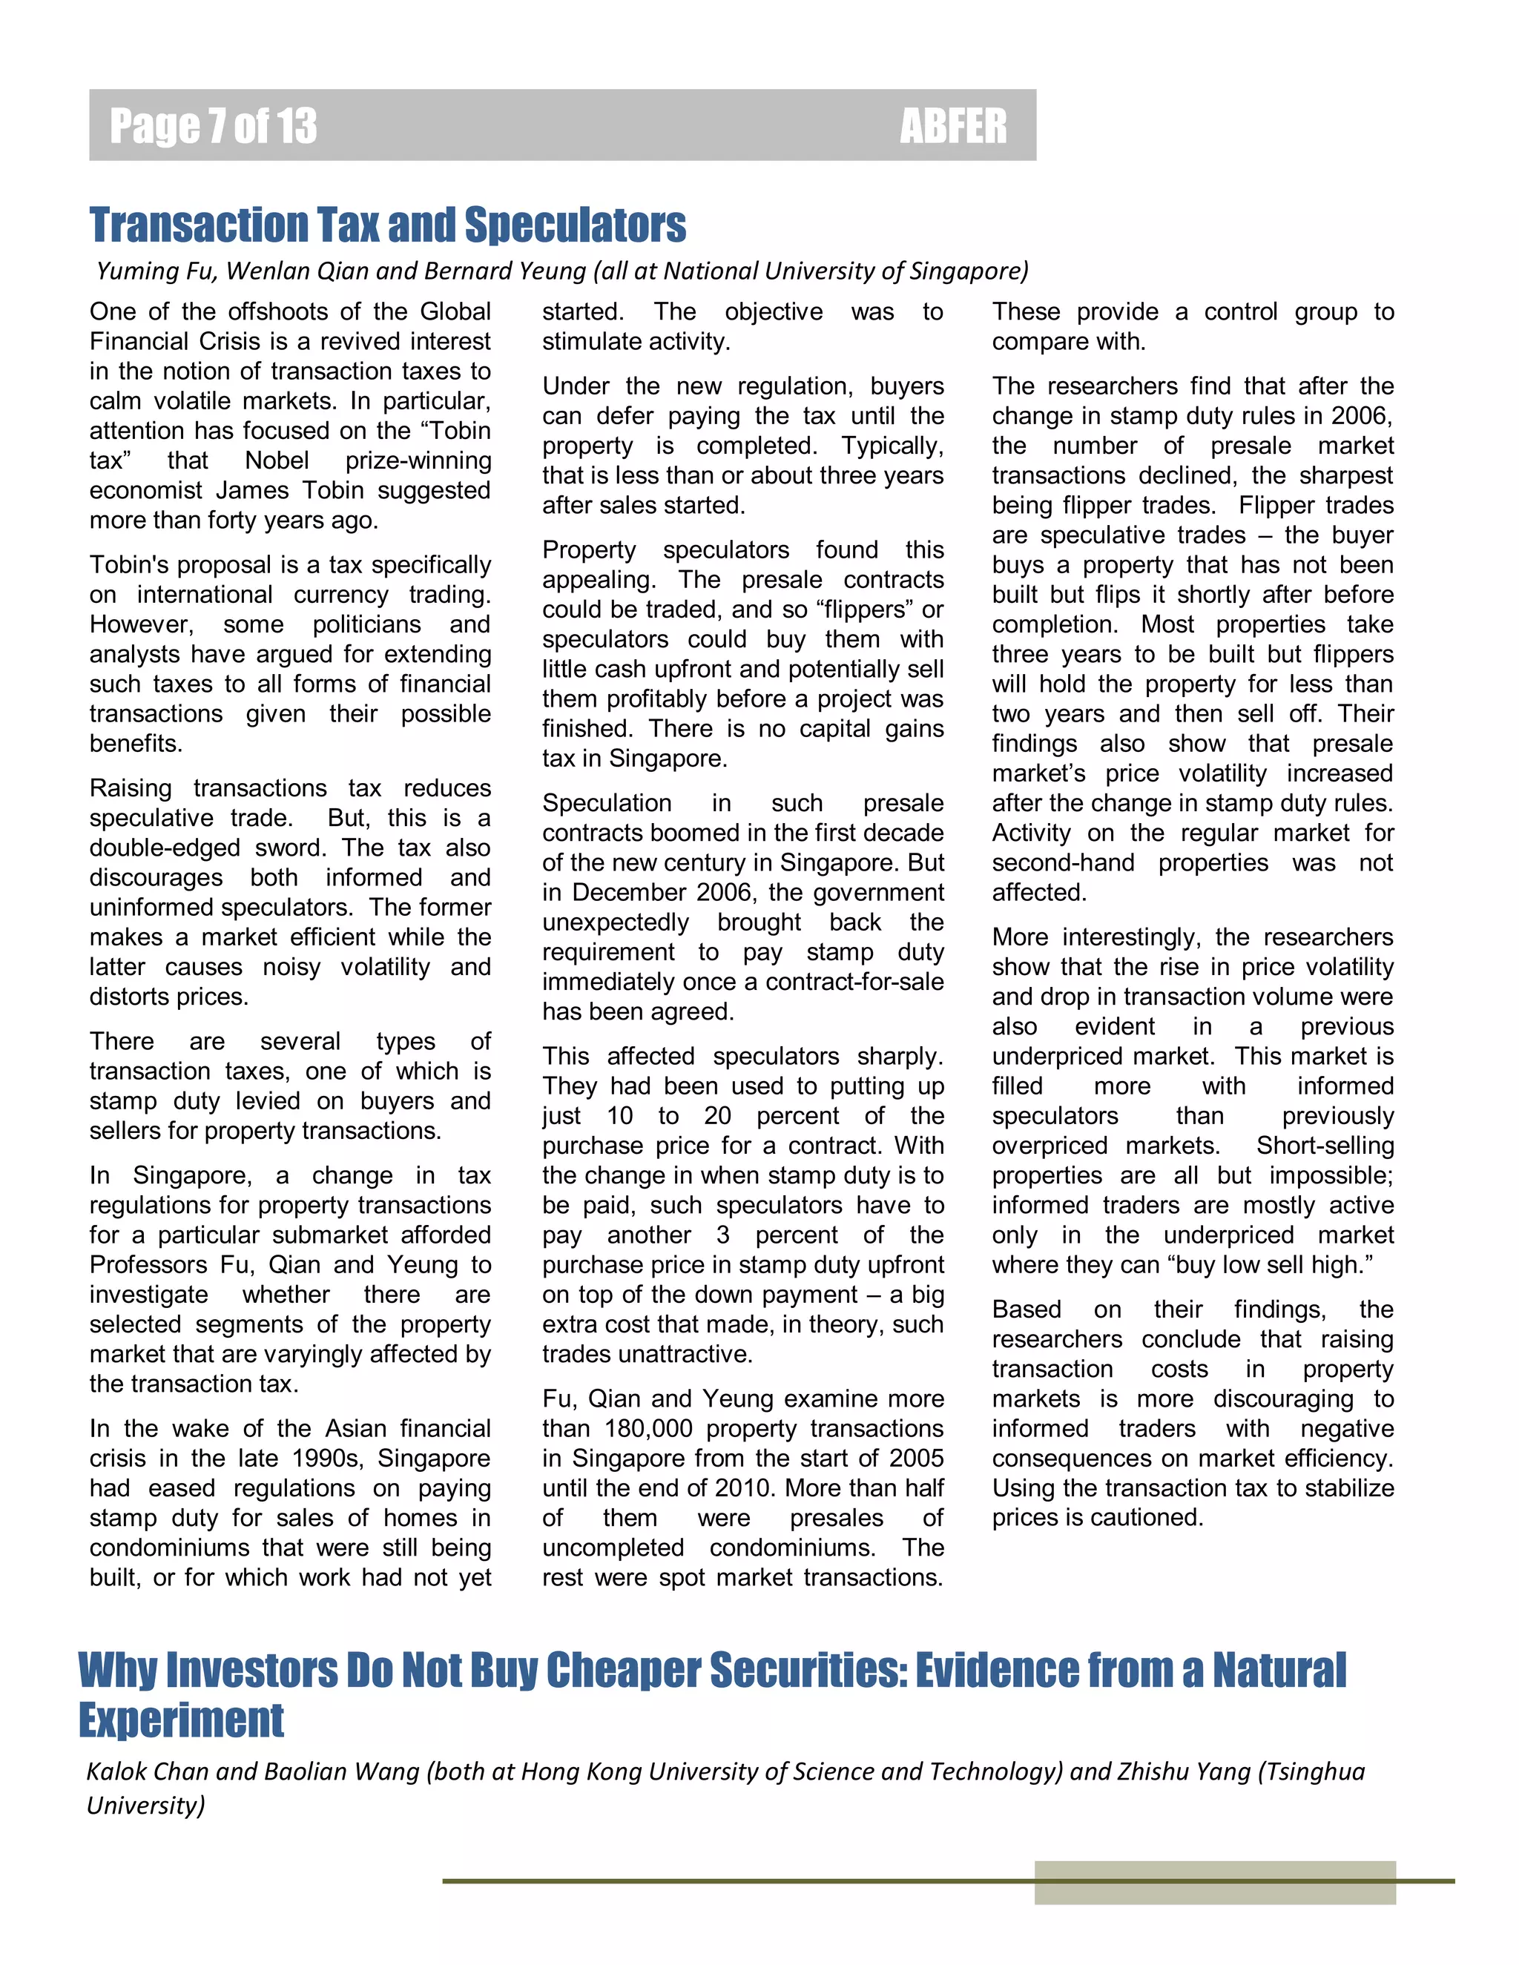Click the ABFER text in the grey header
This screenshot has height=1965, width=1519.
953,126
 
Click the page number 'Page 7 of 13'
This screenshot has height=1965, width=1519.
214,126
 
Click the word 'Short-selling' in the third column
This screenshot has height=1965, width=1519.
1325,1146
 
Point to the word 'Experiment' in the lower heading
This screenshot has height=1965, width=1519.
181,1720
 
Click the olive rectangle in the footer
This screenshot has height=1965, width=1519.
1214,1882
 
